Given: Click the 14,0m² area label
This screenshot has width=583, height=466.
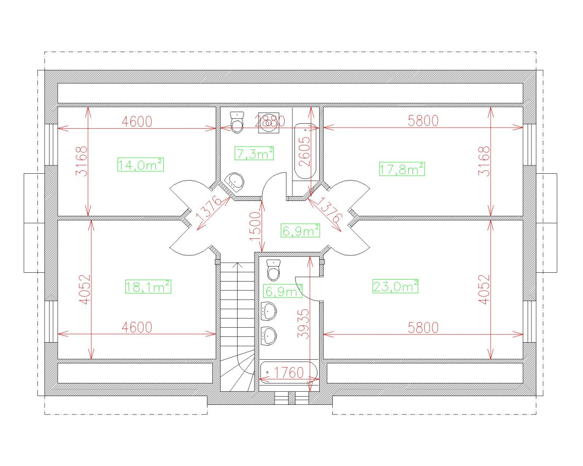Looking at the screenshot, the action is pos(140,165).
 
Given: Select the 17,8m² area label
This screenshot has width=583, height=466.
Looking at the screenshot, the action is pos(402,169).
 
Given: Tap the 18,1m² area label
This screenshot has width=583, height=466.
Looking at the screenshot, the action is pos(148,286).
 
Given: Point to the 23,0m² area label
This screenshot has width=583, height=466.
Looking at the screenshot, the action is pos(395,286).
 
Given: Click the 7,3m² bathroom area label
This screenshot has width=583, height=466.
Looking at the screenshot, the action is pos(254,153).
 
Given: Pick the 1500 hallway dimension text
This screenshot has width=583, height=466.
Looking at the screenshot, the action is pos(255,226).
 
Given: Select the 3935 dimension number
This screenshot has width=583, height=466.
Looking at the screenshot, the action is pos(303,324).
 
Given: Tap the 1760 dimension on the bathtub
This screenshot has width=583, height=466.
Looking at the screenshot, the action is pos(289,373).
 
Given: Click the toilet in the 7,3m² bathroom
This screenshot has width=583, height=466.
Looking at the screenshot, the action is pos(237,122).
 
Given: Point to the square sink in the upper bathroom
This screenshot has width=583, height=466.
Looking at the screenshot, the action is pos(269,123).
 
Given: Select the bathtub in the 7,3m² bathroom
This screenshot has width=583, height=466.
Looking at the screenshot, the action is pos(306,151).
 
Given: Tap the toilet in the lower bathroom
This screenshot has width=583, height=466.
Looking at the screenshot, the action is pos(274,270).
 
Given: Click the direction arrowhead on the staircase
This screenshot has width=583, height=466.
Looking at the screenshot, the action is pos(237,265).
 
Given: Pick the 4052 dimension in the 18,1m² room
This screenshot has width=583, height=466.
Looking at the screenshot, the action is pos(86,289).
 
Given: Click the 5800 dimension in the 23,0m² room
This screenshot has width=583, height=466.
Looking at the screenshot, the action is pos(423,328).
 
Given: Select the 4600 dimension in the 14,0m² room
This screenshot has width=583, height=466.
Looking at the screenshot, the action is pos(137,121).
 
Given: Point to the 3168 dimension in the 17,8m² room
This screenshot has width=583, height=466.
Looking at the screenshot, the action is pos(484,161).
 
